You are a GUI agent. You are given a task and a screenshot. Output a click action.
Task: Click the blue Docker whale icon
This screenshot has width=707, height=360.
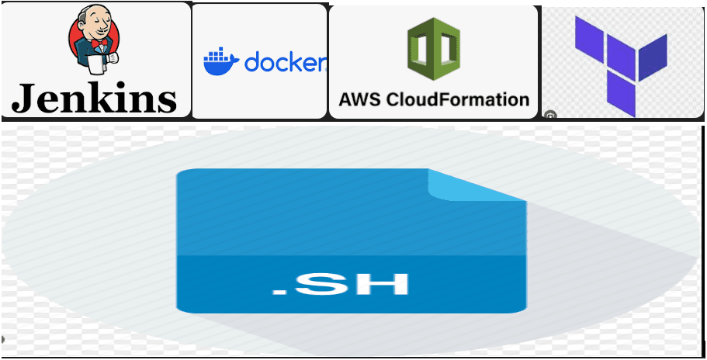pos(221,62)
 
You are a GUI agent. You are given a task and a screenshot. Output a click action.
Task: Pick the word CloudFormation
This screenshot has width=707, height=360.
pos(459,99)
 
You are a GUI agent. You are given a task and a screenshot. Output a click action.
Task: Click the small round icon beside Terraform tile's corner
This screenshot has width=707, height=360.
pos(549,115)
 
